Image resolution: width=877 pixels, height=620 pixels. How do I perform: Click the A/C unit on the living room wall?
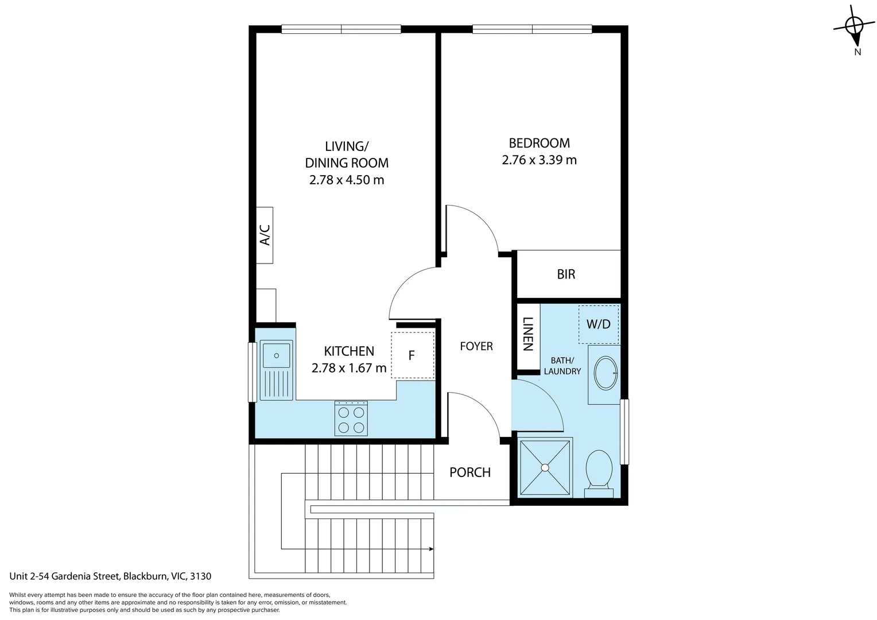[265, 235]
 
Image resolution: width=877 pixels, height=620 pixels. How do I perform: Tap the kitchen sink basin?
[276, 354]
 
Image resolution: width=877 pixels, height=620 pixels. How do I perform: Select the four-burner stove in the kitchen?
[351, 419]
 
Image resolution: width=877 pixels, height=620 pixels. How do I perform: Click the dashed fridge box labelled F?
[412, 355]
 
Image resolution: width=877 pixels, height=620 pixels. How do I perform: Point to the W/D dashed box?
[599, 324]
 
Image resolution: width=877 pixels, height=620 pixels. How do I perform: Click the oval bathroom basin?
[605, 373]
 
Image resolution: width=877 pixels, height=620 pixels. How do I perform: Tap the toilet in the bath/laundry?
[599, 468]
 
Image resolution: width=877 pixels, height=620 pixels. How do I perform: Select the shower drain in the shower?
[545, 468]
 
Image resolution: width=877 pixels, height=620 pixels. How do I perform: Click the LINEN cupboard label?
[528, 334]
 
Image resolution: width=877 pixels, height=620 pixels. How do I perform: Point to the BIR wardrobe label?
[566, 274]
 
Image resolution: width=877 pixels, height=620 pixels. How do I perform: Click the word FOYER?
[476, 346]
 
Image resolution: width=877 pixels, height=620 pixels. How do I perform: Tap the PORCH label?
[470, 472]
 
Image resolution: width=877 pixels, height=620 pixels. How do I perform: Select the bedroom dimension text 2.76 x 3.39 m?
[539, 160]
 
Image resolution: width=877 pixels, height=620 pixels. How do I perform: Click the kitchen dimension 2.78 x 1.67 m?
[349, 368]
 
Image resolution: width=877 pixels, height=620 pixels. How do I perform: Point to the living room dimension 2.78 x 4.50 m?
[347, 180]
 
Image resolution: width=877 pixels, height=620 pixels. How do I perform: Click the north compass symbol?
[855, 26]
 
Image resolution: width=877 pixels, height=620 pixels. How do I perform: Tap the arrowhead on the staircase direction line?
[430, 549]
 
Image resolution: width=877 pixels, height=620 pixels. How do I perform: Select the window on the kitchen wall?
[251, 372]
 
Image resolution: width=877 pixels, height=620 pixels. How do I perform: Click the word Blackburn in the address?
[146, 576]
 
